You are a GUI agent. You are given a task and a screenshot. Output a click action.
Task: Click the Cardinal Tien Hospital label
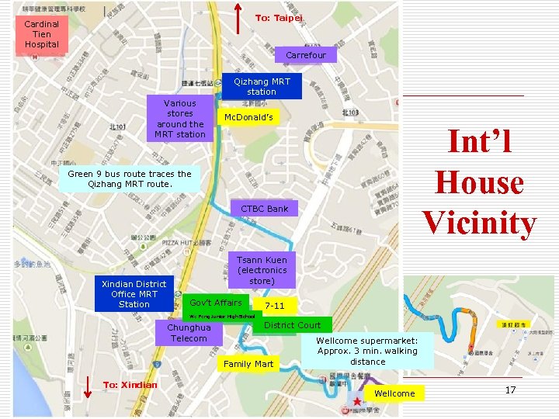[42, 35]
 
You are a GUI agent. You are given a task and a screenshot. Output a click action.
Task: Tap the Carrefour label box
[306, 55]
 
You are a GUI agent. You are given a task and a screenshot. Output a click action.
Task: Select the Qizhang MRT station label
[262, 86]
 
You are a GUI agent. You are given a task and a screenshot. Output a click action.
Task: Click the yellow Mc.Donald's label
[248, 117]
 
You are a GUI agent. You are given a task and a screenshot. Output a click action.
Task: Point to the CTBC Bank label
[264, 209]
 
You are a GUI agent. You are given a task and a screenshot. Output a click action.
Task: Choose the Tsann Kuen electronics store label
[262, 270]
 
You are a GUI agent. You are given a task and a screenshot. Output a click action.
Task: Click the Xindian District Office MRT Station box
[134, 294]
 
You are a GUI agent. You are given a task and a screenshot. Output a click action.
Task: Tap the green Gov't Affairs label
[216, 303]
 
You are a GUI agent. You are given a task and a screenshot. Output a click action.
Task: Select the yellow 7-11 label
[275, 306]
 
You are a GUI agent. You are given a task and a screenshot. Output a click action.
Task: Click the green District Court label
[292, 325]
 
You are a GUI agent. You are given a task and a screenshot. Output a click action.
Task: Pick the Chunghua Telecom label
[189, 333]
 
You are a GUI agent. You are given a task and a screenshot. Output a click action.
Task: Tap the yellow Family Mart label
[248, 364]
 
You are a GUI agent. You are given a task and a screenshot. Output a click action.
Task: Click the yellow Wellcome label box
[394, 393]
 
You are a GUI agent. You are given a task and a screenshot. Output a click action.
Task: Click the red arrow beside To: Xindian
[87, 390]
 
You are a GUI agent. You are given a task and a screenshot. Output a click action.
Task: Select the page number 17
[510, 390]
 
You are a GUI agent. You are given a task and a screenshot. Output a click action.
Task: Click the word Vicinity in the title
[479, 223]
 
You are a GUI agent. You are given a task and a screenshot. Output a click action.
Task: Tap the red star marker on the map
[357, 401]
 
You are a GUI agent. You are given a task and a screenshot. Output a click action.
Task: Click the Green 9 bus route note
[129, 178]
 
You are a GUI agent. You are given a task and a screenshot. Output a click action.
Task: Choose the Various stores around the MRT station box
[180, 119]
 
